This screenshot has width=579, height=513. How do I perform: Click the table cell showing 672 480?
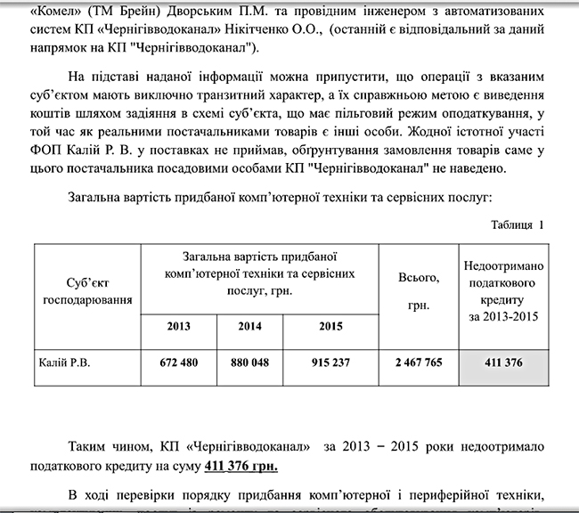pos(179,363)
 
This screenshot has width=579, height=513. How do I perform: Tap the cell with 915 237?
pos(330,363)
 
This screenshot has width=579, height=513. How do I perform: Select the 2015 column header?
pos(330,326)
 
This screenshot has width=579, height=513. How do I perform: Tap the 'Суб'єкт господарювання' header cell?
pos(86,291)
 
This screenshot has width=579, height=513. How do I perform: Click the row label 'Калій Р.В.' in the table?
pos(66,363)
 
